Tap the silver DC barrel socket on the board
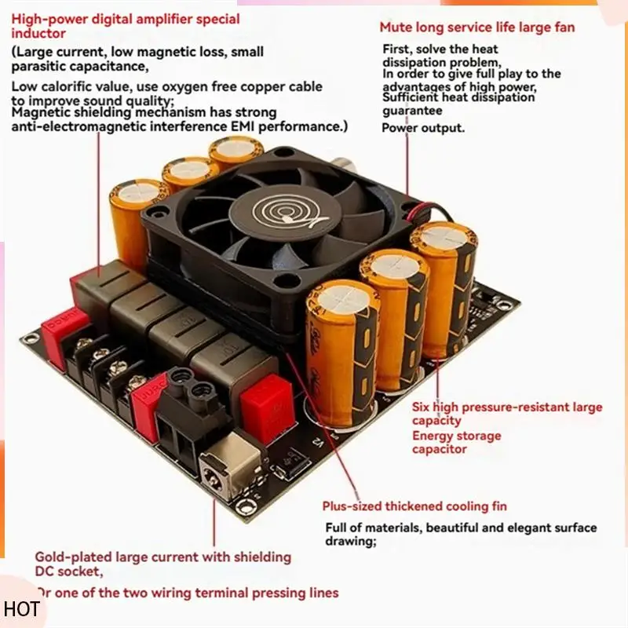click(x=222, y=473)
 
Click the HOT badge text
click(x=21, y=609)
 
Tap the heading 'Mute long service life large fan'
click(x=476, y=27)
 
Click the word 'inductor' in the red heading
click(x=38, y=34)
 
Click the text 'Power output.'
click(x=423, y=128)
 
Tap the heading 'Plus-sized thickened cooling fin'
click(x=414, y=506)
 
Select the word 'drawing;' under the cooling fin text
click(x=348, y=542)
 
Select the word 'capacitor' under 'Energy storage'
click(x=439, y=449)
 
